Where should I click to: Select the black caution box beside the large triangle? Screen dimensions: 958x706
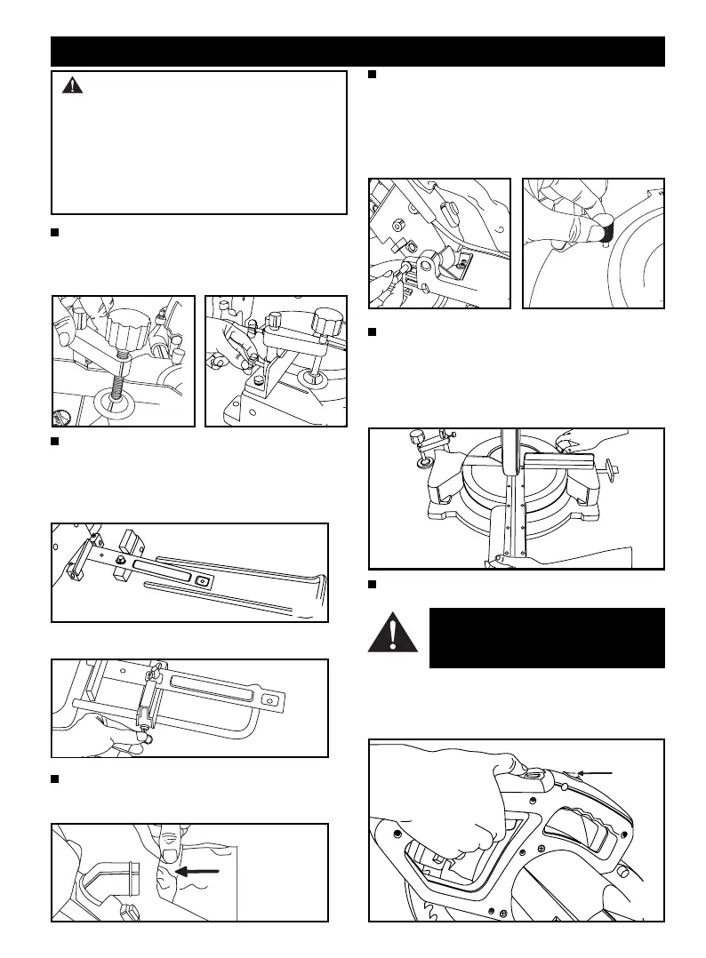point(546,637)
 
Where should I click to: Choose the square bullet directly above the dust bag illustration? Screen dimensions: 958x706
point(55,779)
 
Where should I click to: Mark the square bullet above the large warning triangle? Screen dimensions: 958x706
point(373,585)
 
